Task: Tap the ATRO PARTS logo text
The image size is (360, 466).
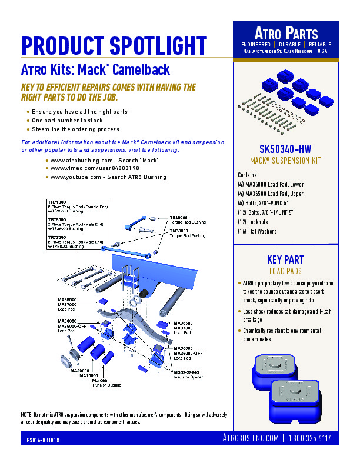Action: tap(286, 34)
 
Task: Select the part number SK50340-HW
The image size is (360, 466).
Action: tap(286, 148)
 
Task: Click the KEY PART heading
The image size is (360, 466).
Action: tap(286, 261)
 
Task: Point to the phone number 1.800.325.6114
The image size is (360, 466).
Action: tap(310, 438)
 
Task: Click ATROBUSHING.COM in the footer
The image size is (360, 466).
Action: tap(251, 438)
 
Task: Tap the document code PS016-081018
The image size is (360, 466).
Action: tap(43, 440)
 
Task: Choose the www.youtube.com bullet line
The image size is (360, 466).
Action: tap(108, 177)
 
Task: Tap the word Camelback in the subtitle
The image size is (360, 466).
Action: tap(141, 70)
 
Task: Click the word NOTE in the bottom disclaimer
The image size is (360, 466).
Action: tap(27, 414)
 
